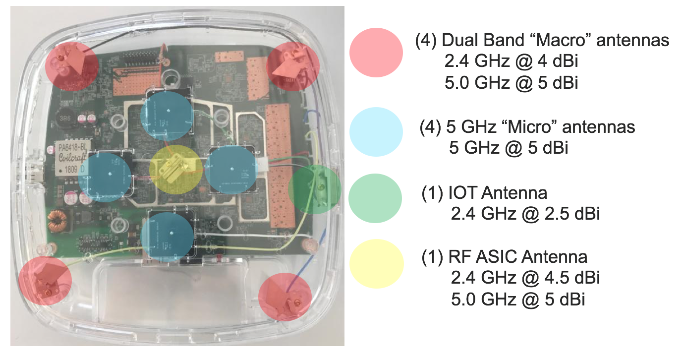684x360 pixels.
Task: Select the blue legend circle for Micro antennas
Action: pos(376,131)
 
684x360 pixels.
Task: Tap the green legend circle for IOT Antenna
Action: pos(376,197)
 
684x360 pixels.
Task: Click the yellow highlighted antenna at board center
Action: pos(176,169)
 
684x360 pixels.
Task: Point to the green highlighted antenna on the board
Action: pos(315,189)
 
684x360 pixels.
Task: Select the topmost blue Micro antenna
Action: pos(166,115)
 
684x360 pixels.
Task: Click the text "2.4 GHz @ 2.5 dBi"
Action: pos(525,214)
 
